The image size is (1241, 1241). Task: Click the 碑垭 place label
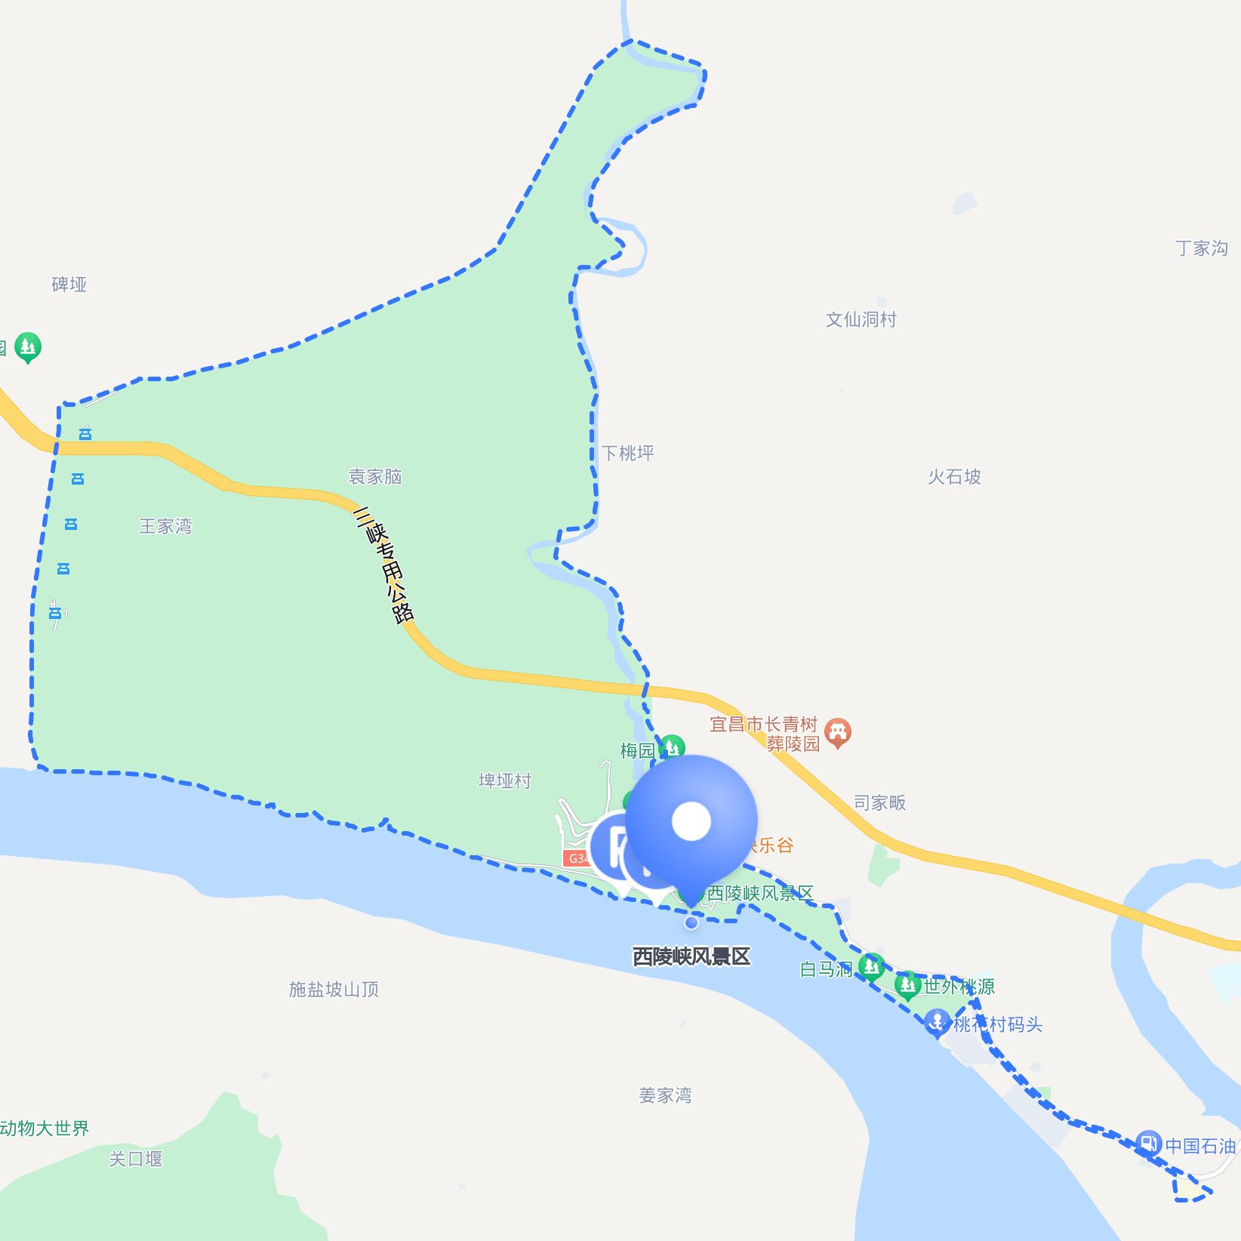69,285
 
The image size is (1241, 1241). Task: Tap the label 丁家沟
1201,248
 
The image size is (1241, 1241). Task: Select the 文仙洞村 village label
861,319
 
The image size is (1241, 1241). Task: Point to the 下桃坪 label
627,453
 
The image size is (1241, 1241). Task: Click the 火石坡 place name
954,476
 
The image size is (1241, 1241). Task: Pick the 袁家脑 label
374,476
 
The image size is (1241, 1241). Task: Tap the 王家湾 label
165,525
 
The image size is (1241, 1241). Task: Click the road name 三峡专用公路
383,565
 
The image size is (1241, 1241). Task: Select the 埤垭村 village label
504,781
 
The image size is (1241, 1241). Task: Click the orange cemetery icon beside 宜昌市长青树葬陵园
837,731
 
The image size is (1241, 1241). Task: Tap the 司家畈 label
879,802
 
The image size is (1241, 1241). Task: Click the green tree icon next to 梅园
671,748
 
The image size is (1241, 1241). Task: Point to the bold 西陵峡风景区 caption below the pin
691,956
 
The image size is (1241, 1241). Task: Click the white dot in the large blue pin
691,821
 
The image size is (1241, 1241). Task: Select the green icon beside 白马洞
871,966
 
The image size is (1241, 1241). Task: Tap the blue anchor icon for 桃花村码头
937,1023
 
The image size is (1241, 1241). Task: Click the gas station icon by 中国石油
1147,1143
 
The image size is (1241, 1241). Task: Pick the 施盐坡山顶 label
334,989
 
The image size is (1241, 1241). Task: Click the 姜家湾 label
665,1095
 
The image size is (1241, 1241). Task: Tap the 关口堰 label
136,1159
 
